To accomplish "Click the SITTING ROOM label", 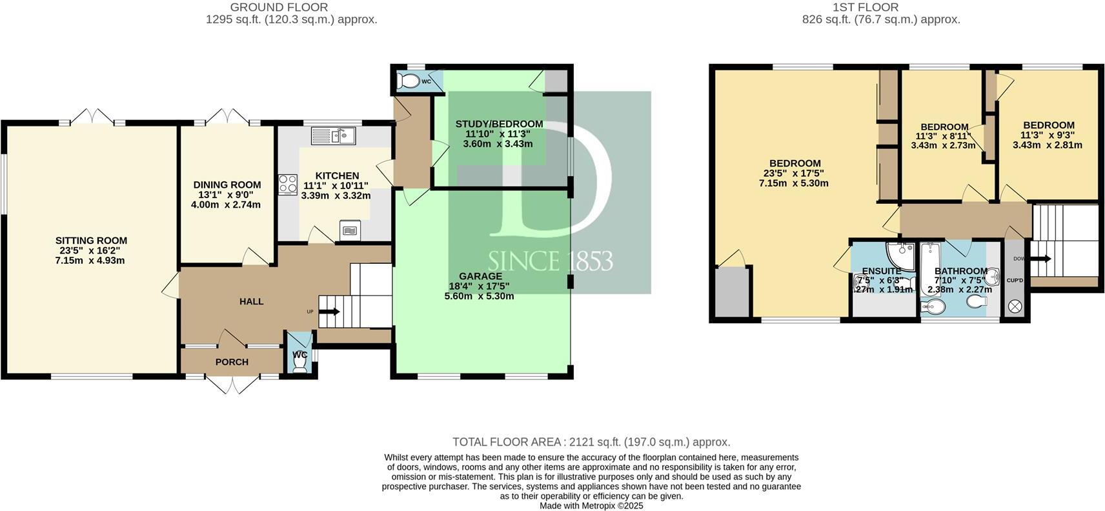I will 91,241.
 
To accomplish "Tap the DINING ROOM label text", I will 227,185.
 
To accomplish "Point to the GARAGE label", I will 480,276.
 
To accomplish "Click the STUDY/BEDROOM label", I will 499,124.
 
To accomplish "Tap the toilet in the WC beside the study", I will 409,82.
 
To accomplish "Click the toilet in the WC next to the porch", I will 299,365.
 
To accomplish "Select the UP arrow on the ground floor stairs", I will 329,312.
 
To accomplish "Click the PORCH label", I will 232,362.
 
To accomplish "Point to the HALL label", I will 251,301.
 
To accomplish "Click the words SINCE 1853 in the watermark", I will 550,261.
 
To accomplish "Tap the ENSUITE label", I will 881,271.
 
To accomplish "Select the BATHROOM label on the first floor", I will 960,271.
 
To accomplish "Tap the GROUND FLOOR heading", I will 279,8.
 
